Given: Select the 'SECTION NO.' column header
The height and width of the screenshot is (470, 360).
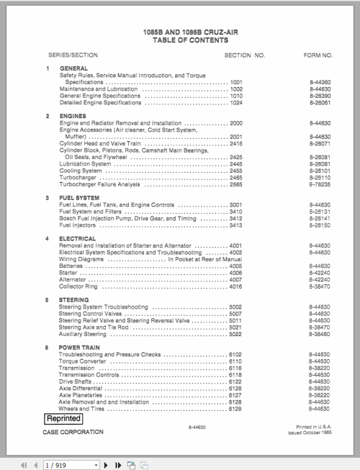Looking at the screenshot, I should [x=245, y=55].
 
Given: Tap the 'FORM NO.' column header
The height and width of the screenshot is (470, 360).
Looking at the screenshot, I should [x=318, y=55].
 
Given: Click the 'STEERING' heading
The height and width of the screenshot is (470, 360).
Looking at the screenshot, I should [x=74, y=299].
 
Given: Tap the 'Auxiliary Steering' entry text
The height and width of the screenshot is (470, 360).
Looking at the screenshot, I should [x=86, y=333].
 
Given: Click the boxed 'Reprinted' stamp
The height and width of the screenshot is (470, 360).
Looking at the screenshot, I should [x=64, y=418].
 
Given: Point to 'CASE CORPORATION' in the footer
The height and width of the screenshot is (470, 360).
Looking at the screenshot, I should [x=73, y=433].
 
